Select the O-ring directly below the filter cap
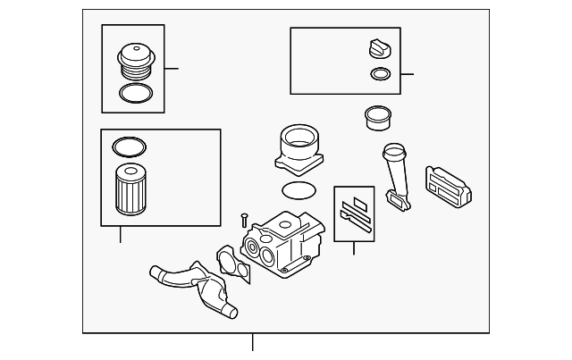pos(134,93)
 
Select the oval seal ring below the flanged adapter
pos(297,189)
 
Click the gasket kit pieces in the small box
pos(354,213)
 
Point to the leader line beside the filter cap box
pos(172,69)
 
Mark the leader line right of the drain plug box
pos(408,73)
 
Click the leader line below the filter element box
pos(120,235)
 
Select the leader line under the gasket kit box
pos(354,247)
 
